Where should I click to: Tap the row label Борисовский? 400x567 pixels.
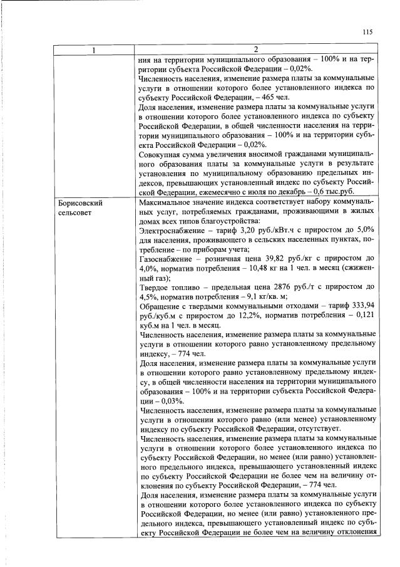[79, 204]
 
